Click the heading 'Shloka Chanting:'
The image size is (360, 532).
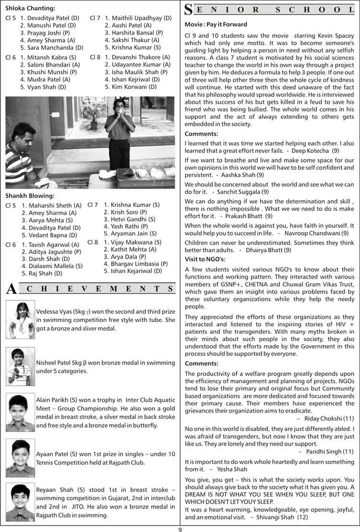(30, 8)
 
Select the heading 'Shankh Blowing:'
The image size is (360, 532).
(30, 196)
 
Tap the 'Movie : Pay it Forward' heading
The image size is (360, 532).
(216, 24)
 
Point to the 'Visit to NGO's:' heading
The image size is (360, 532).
(205, 259)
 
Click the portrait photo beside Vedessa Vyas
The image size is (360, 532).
(20, 316)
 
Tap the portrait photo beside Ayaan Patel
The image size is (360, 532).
(20, 458)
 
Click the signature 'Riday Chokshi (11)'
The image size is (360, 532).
(330, 418)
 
